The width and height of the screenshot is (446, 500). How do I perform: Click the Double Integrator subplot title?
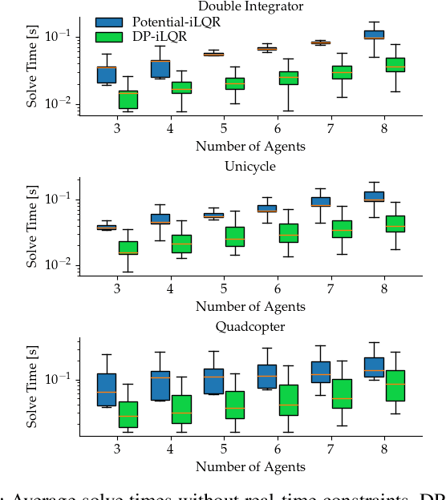(249, 6)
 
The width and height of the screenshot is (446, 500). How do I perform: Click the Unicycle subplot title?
(249, 166)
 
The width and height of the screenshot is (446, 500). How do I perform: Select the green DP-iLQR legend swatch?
(108, 37)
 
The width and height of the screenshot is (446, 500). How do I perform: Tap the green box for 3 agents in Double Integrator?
(128, 99)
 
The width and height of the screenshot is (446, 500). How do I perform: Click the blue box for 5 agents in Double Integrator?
(213, 54)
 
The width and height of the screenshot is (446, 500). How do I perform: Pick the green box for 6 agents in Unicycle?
(288, 232)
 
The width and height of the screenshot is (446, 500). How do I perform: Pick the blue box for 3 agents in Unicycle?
(107, 228)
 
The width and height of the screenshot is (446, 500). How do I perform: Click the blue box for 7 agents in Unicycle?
(321, 202)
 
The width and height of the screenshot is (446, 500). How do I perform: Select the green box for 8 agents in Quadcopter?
(395, 385)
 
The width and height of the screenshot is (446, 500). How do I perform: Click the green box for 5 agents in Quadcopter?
(235, 405)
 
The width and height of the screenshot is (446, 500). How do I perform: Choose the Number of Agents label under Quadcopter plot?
(249, 466)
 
